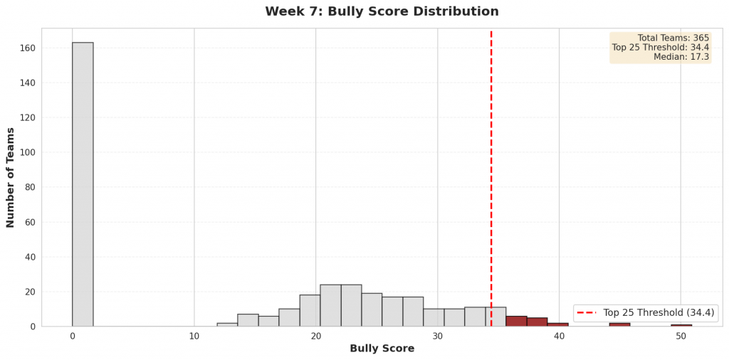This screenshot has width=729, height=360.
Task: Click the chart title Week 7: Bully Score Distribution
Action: (x=382, y=12)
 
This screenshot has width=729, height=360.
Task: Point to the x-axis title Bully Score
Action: (x=382, y=349)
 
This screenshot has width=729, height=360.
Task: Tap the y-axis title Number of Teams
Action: (x=11, y=177)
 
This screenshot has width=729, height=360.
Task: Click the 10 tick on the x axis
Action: (x=194, y=335)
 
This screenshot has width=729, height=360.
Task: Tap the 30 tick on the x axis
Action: (x=437, y=335)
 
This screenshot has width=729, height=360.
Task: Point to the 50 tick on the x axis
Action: (x=681, y=335)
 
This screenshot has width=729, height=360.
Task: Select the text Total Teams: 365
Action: (x=673, y=38)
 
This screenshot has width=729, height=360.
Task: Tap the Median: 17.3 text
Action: (x=681, y=57)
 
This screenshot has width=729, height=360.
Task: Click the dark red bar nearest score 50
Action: (x=681, y=325)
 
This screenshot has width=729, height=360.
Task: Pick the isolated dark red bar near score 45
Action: (x=619, y=324)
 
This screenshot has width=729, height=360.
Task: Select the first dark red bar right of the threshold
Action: (x=516, y=321)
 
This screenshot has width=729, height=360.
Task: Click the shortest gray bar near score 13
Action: (x=227, y=324)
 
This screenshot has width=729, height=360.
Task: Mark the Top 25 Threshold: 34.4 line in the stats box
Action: (x=660, y=48)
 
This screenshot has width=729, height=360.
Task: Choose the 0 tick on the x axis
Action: (x=72, y=335)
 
